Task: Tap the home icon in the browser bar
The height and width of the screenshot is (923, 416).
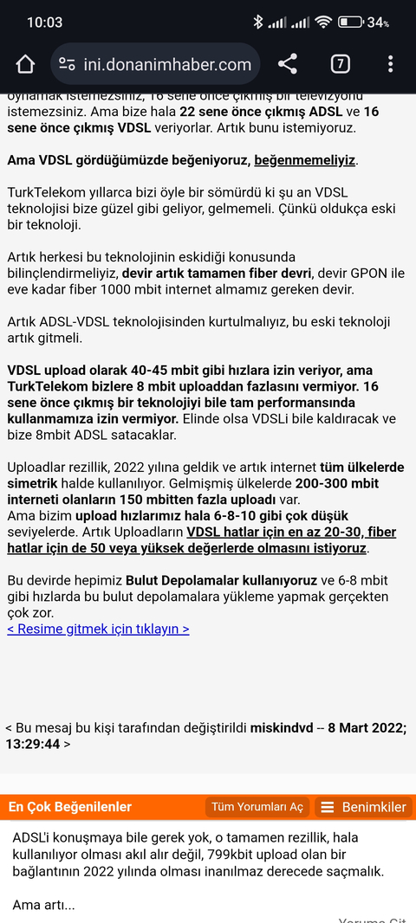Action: tap(25, 64)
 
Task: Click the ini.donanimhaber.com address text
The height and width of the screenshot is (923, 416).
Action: tap(167, 64)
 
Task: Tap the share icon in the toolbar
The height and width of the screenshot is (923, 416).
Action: tap(287, 64)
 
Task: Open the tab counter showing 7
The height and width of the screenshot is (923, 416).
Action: tap(340, 64)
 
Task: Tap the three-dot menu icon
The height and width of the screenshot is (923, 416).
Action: tap(391, 64)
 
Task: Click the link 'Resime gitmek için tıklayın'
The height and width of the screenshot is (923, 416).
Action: tap(98, 629)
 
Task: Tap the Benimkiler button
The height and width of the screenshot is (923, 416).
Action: tap(363, 807)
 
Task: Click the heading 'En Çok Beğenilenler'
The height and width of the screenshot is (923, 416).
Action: tap(70, 807)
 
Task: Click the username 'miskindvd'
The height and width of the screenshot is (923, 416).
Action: tap(282, 727)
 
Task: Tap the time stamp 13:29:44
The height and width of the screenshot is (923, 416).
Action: tap(33, 744)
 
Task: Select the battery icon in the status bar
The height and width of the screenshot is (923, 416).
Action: tap(350, 23)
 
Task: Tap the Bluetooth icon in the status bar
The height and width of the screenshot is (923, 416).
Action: tap(257, 23)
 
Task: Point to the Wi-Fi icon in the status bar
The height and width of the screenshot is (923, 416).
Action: tap(324, 23)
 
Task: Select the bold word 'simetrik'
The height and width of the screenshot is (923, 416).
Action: tap(36, 484)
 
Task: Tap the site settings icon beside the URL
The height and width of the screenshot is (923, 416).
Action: tap(67, 64)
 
